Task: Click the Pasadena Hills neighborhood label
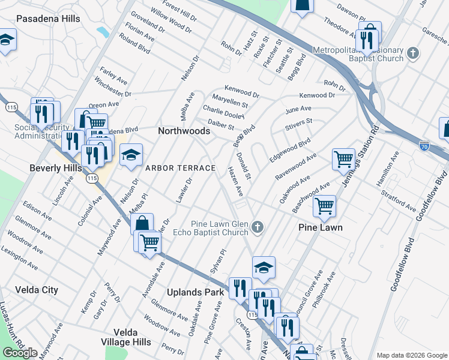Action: coord(48,19)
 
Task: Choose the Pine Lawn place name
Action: coord(321,227)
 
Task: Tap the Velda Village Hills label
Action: coord(125,337)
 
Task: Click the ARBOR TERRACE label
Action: coord(179,168)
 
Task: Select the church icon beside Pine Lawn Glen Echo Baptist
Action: coord(258,227)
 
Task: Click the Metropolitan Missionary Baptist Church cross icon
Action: coord(412,53)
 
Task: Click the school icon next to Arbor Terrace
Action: coord(131,156)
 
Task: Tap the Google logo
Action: coord(20,353)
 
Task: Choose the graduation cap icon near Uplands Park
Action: coord(264,268)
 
